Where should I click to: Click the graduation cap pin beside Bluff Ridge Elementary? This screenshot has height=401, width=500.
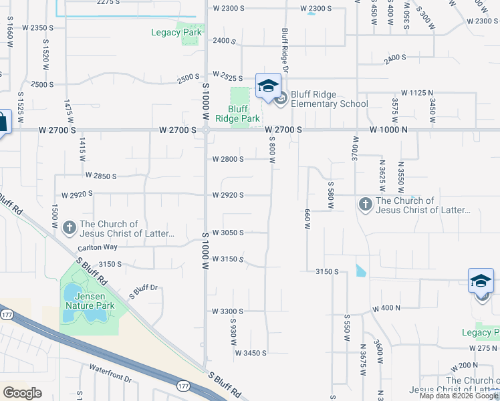pyautogui.click(x=268, y=86)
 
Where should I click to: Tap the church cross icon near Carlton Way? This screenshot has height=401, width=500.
pyautogui.click(x=70, y=229)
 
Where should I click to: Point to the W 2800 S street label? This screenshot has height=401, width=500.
pyautogui.click(x=228, y=159)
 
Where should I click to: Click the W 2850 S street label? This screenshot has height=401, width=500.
pyautogui.click(x=102, y=176)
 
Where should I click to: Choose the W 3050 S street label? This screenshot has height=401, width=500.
pyautogui.click(x=228, y=233)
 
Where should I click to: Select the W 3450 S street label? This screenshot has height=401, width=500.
pyautogui.click(x=251, y=352)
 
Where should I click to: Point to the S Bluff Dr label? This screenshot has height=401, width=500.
pyautogui.click(x=143, y=291)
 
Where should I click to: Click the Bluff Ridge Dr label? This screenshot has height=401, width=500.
pyautogui.click(x=285, y=50)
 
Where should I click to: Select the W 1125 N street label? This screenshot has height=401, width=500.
pyautogui.click(x=417, y=92)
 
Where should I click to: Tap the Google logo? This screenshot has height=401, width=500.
pyautogui.click(x=23, y=392)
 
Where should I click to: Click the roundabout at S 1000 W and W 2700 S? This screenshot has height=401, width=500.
pyautogui.click(x=206, y=130)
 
